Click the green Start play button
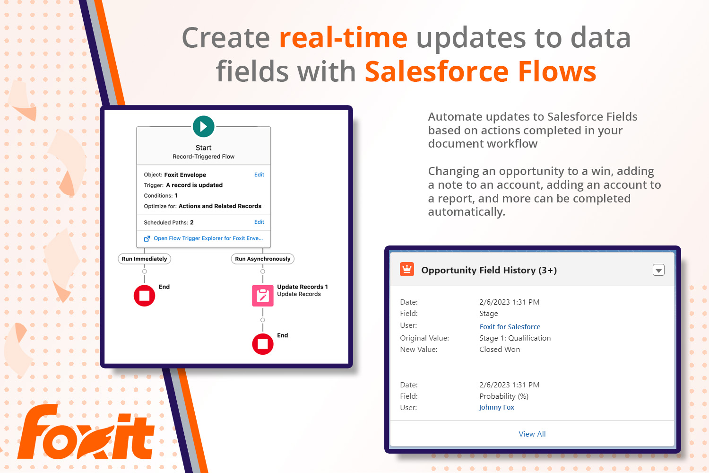pos(204,126)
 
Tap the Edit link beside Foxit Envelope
pos(259,175)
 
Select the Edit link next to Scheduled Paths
pos(259,222)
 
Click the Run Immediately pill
pos(144,259)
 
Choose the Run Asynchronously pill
pos(263,259)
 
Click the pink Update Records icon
pos(263,296)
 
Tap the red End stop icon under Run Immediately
pos(144,296)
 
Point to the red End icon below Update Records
pos(263,344)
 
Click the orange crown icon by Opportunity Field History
pos(407,270)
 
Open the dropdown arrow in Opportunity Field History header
pos(659,270)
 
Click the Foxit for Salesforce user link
pos(510,327)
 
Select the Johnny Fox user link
pos(497,407)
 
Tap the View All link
pos(532,434)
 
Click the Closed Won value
pos(500,350)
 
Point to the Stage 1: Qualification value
pos(515,338)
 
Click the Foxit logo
pos(86,432)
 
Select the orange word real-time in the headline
pos(344,38)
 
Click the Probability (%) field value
pos(504,396)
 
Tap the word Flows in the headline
pos(557,71)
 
